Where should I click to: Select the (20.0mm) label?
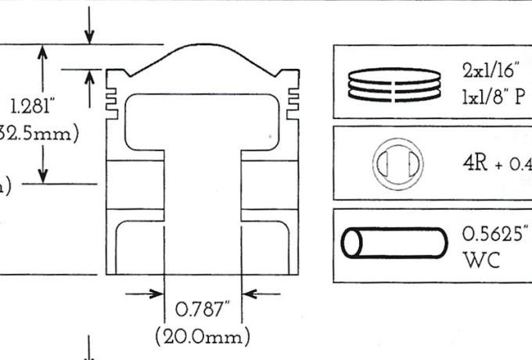click(203, 337)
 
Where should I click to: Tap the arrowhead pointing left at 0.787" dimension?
click(251, 294)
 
